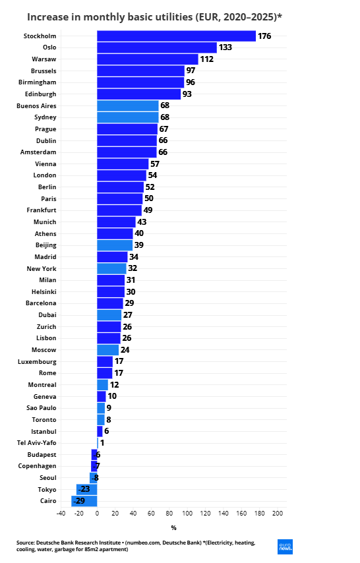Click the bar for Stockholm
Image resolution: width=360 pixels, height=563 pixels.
[x=177, y=36]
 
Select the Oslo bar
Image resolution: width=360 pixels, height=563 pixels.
[x=157, y=47]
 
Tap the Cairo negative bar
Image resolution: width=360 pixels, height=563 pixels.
[x=84, y=501]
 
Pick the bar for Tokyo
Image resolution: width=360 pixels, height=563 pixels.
[x=86, y=489]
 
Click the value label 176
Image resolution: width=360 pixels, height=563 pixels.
[x=264, y=36]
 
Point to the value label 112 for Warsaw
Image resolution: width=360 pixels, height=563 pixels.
[x=207, y=59]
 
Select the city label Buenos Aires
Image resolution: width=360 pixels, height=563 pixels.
[x=36, y=106]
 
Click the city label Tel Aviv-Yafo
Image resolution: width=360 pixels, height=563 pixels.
[x=37, y=443]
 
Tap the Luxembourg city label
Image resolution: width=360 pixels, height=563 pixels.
[x=37, y=361]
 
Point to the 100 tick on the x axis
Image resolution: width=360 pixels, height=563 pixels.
[x=187, y=513]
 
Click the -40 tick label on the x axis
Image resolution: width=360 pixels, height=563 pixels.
[x=61, y=513]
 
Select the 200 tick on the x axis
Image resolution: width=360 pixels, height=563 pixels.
[x=278, y=513]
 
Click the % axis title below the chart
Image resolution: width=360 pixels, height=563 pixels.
[x=174, y=528]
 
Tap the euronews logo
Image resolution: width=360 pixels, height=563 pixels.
[x=285, y=547]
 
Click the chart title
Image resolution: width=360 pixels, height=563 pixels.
[x=155, y=17]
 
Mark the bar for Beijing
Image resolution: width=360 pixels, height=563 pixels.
[x=115, y=245]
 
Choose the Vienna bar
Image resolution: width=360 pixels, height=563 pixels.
[x=123, y=164]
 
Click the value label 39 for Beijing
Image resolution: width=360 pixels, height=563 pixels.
[x=139, y=245]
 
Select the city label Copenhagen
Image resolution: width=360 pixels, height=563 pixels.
[x=38, y=466]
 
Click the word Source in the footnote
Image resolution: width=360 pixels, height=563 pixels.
[x=26, y=543]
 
